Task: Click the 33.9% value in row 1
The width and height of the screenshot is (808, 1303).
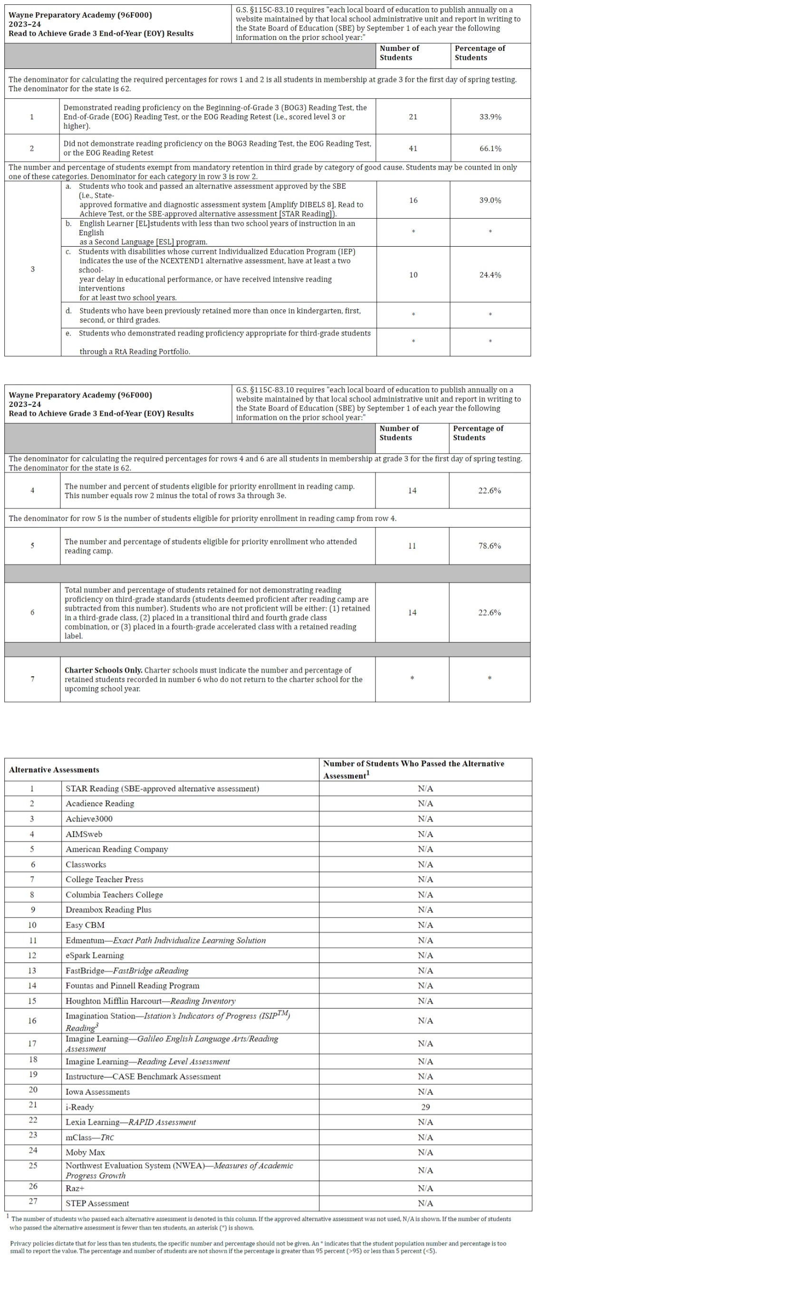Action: [x=490, y=116]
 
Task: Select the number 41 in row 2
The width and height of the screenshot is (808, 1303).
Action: [x=413, y=149]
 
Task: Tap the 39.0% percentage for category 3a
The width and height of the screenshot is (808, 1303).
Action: [x=490, y=201]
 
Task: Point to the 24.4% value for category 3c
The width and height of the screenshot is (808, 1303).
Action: [x=490, y=275]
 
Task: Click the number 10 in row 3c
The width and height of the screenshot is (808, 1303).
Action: [x=413, y=275]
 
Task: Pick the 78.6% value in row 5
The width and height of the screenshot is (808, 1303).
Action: [x=489, y=546]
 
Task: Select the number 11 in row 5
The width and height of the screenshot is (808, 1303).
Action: [x=412, y=546]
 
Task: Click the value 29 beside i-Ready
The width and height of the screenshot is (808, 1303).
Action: [x=425, y=1107]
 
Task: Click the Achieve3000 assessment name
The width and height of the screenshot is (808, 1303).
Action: [x=89, y=818]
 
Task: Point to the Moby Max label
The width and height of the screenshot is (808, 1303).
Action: [x=85, y=1152]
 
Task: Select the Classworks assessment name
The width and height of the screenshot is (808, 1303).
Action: [x=86, y=864]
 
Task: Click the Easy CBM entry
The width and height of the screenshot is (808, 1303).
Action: [x=85, y=925]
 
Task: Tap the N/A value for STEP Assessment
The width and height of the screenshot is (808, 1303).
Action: [x=425, y=1203]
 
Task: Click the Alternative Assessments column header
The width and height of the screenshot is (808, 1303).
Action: [x=54, y=770]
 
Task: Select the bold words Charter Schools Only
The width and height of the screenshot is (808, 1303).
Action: [x=103, y=670]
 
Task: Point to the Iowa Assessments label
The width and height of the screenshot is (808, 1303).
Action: [x=97, y=1092]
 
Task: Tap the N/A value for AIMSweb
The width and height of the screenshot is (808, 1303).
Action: [x=425, y=834]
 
